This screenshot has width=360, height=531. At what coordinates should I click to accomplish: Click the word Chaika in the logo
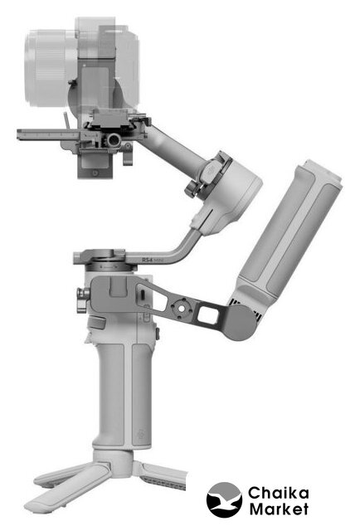(x=279, y=493)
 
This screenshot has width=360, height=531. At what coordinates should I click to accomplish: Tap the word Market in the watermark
(x=279, y=509)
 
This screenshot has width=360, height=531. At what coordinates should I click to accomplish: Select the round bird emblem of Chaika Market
(x=224, y=499)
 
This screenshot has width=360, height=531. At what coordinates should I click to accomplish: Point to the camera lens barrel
(x=51, y=68)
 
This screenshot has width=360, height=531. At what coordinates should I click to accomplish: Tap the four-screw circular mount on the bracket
(x=181, y=308)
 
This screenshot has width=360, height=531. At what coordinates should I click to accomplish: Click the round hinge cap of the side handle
(x=241, y=323)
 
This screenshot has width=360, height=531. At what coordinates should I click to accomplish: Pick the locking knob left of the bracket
(x=83, y=300)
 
